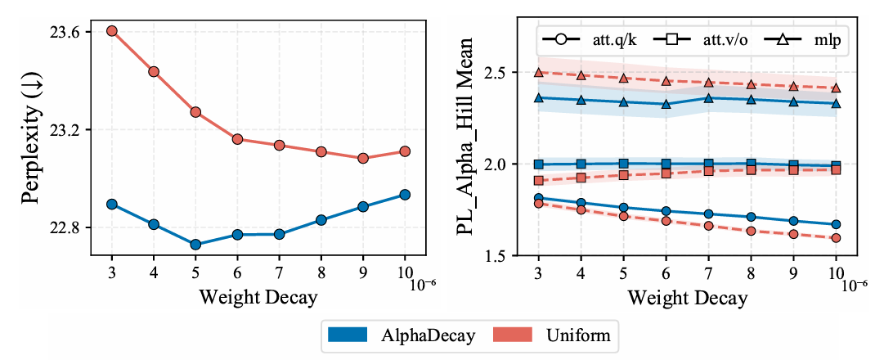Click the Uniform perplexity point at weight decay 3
(x=111, y=31)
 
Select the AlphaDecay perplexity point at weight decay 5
(x=195, y=244)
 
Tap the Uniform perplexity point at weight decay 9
(x=363, y=158)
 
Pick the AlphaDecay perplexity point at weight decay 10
(x=405, y=194)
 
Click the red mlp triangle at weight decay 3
(x=539, y=72)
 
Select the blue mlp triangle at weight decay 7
(x=708, y=98)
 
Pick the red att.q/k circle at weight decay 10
(x=836, y=238)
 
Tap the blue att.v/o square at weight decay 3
(x=539, y=164)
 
